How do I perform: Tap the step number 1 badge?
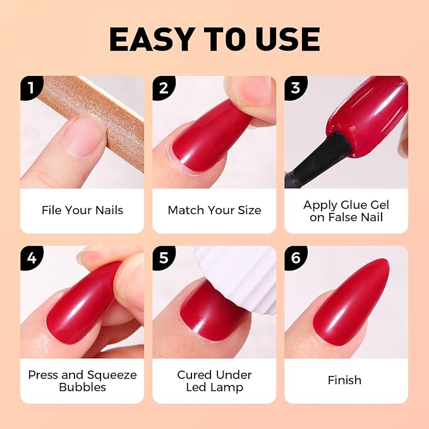pos(32,88)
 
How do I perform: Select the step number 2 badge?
pos(164,88)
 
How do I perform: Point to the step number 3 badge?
pos(296,88)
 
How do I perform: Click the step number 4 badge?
pos(32,258)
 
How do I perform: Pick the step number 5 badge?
pos(164,258)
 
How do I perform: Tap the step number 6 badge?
pos(296,258)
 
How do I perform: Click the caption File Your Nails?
pos(82,210)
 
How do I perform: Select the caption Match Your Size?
pos(215,210)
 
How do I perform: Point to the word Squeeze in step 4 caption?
pos(112,375)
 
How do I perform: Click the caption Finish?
pos(344,380)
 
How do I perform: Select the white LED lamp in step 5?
pos(238,276)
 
